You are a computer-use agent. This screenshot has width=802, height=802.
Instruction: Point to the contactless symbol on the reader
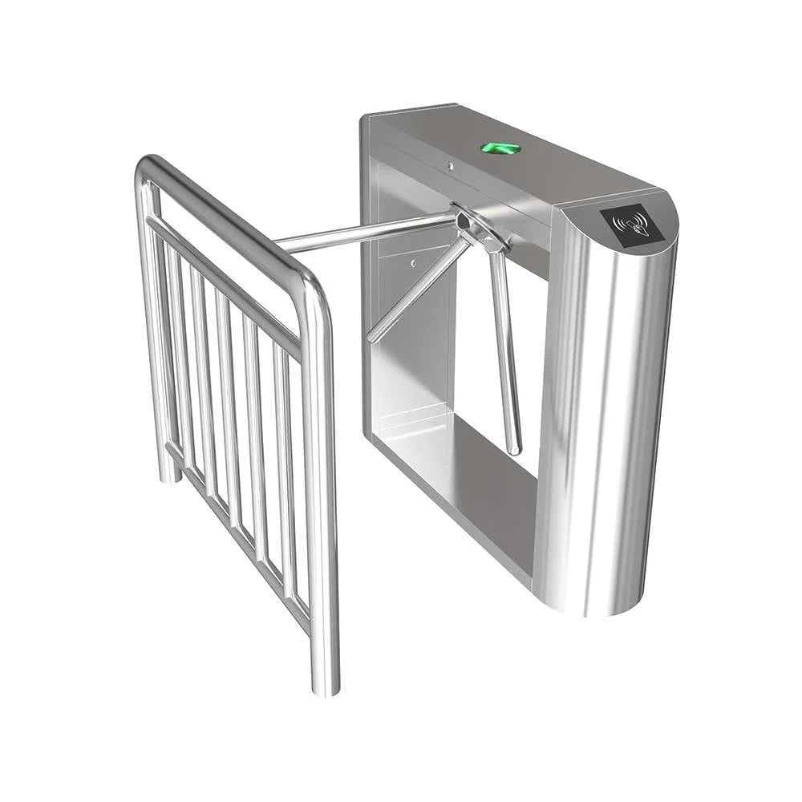tap(630, 221)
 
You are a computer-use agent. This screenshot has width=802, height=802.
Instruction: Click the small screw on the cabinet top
tap(450, 166)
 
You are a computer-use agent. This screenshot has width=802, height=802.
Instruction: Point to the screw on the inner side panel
tap(413, 262)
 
